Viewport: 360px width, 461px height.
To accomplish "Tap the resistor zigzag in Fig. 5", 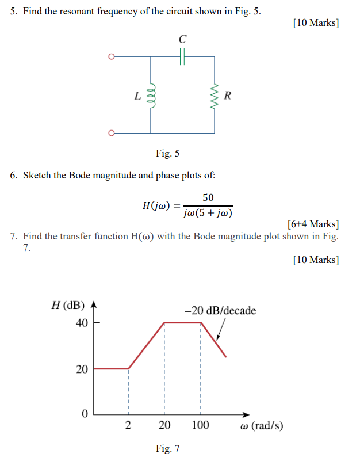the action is pos(215,94).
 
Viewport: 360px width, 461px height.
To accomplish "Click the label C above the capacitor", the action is pos(182,39).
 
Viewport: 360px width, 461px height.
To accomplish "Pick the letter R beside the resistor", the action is pos(228,95).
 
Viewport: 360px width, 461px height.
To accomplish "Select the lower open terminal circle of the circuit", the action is pos(112,133).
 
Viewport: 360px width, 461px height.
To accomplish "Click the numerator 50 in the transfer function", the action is pos(208,197).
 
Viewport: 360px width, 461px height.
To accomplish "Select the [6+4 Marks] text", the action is pos(312,224).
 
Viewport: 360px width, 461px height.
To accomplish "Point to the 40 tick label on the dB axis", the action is pos(82,323).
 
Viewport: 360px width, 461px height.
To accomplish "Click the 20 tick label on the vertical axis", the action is pos(82,369).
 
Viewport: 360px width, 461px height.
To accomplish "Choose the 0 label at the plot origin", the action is pos(85,414).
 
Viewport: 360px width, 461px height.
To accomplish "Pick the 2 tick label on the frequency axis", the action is pos(128,426).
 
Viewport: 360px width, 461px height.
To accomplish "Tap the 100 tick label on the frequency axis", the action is pos(200,426).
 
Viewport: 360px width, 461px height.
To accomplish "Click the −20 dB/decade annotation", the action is pos(220,311).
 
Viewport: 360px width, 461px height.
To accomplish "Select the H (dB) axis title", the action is pos(67,305).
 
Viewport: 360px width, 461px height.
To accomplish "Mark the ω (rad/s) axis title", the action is pos(262,426).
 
